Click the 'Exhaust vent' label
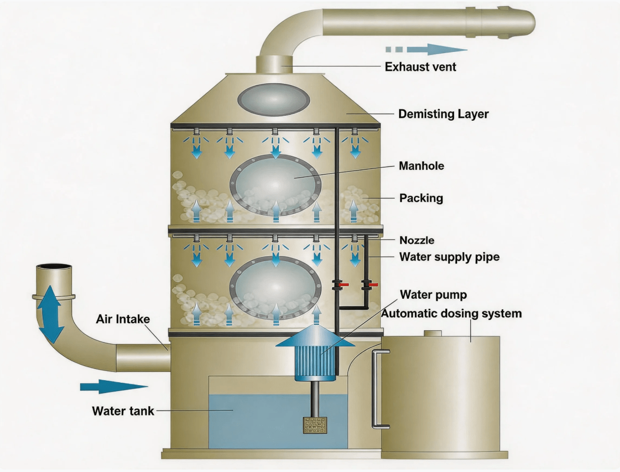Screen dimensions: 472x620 click(420, 67)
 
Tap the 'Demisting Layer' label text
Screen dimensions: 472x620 click(443, 114)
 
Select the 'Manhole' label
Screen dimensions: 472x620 click(421, 166)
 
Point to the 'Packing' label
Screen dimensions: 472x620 click(421, 198)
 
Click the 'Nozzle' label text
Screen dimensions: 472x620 click(417, 240)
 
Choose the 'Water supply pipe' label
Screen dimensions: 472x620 click(449, 257)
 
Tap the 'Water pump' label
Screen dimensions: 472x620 click(433, 295)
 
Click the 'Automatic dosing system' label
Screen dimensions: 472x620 click(452, 314)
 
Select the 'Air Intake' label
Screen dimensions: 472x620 click(123, 319)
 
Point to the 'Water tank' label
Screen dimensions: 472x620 click(123, 411)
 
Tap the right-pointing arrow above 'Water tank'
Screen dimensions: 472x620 click(113, 387)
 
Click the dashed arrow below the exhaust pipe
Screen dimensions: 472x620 click(426, 49)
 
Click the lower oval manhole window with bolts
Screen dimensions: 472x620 click(275, 288)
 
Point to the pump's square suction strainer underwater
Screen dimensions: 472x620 click(315, 425)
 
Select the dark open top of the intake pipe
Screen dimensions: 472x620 click(54, 266)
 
